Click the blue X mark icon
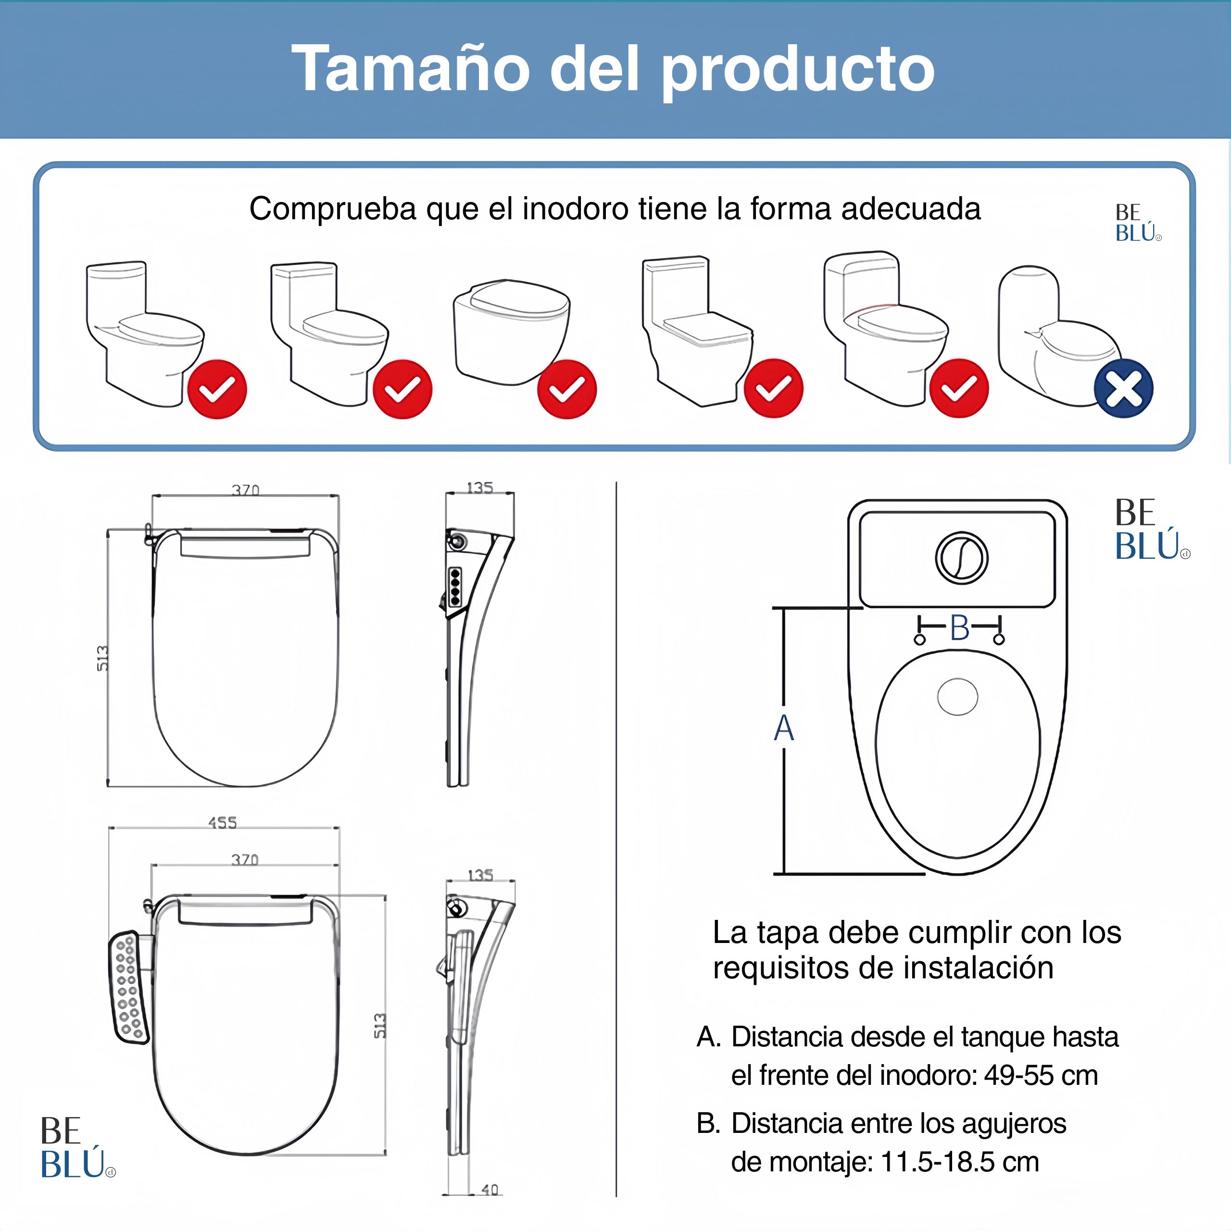pyautogui.click(x=1123, y=389)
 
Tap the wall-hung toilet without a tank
pyautogui.click(x=512, y=331)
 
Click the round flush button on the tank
pyautogui.click(x=962, y=557)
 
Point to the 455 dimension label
pyautogui.click(x=222, y=823)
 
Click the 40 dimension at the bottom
pyautogui.click(x=490, y=1190)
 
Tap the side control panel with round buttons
pyautogui.click(x=129, y=988)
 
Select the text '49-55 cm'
pyautogui.click(x=1041, y=1076)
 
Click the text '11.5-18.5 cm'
pyautogui.click(x=960, y=1162)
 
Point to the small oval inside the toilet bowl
pyautogui.click(x=958, y=696)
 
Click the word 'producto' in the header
pyautogui.click(x=798, y=71)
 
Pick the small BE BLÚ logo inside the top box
pyautogui.click(x=1138, y=223)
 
